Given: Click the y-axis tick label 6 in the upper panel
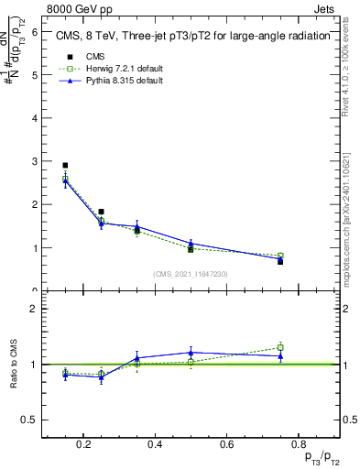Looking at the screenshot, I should click(x=34, y=31).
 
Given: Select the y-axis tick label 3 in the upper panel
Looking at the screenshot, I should click(x=34, y=161).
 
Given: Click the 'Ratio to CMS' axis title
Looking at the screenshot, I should click(x=16, y=364).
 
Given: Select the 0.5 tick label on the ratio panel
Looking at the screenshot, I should click(x=29, y=420).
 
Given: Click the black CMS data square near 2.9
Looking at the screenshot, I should click(x=65, y=166).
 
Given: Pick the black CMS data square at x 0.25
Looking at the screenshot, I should click(x=101, y=212).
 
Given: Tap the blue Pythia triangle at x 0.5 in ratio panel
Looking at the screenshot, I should click(x=191, y=352).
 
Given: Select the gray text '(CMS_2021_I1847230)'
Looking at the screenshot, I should click(x=190, y=274).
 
